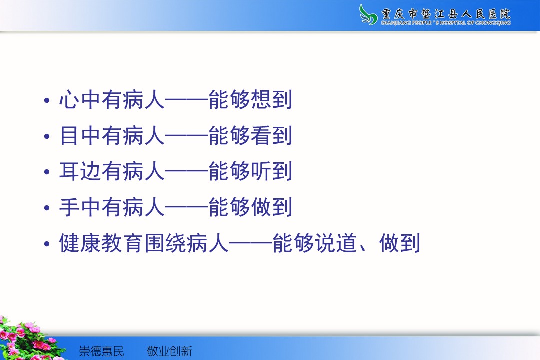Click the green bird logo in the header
[x=368, y=15]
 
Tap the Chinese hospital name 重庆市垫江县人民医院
[x=446, y=14]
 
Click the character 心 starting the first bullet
[x=70, y=100]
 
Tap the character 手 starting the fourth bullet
[x=70, y=207]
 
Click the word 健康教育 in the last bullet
[x=101, y=243]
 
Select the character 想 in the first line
[x=261, y=100]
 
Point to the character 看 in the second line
[x=261, y=135]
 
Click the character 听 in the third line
[x=261, y=171]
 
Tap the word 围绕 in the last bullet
[x=165, y=243]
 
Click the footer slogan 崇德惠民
[x=101, y=351]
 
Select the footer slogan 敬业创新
[x=169, y=351]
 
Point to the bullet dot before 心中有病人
[x=47, y=100]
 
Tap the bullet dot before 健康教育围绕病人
[x=47, y=244]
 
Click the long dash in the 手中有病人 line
[x=187, y=207]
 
